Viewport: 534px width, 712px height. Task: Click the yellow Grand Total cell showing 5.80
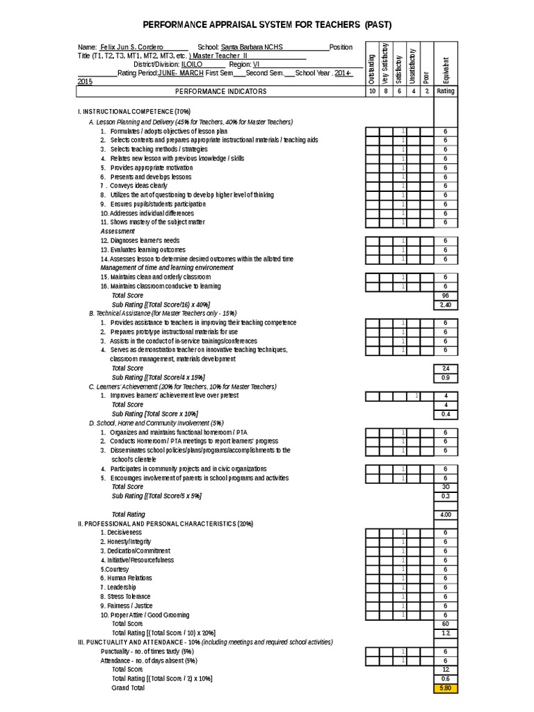click(x=445, y=688)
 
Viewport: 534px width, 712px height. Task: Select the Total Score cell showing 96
click(x=445, y=295)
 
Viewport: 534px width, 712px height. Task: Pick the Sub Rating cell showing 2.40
click(x=445, y=305)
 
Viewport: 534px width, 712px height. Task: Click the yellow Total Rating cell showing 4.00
click(x=445, y=514)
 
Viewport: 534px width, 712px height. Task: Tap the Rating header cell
click(x=445, y=91)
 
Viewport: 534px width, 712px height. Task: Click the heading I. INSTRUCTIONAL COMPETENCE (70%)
click(x=134, y=111)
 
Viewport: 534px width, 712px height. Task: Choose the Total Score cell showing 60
click(x=445, y=624)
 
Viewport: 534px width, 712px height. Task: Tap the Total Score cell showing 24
click(x=445, y=368)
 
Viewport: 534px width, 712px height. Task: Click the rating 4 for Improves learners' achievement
click(x=445, y=395)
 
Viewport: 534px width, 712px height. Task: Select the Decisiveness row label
click(x=125, y=532)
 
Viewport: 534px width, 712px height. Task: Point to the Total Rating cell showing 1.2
click(x=445, y=633)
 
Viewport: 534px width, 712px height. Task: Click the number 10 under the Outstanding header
click(x=372, y=91)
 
